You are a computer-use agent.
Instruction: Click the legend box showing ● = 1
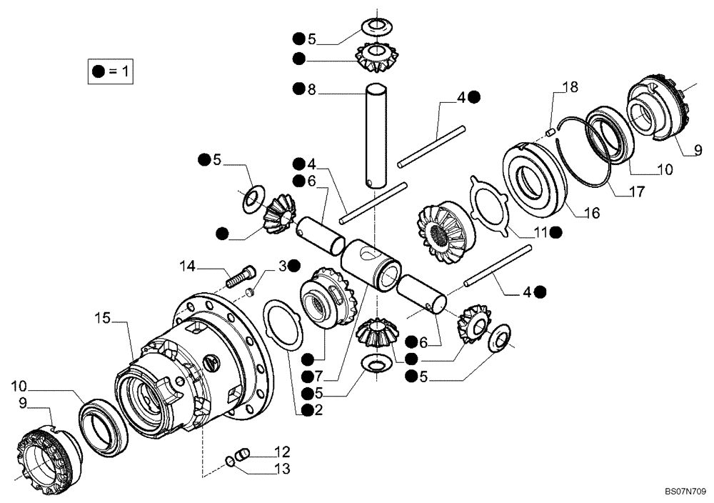(x=111, y=71)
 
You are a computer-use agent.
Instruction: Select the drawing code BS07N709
(x=685, y=492)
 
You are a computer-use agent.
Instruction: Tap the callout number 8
(x=311, y=89)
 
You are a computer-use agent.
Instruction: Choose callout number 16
(x=591, y=213)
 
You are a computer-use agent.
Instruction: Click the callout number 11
(x=540, y=232)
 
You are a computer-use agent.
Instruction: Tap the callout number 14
(x=187, y=267)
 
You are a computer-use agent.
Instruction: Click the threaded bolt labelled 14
(x=241, y=275)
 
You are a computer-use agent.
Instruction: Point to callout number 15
(x=104, y=319)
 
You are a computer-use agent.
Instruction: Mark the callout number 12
(x=282, y=451)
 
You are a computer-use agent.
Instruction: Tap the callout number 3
(x=283, y=266)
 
